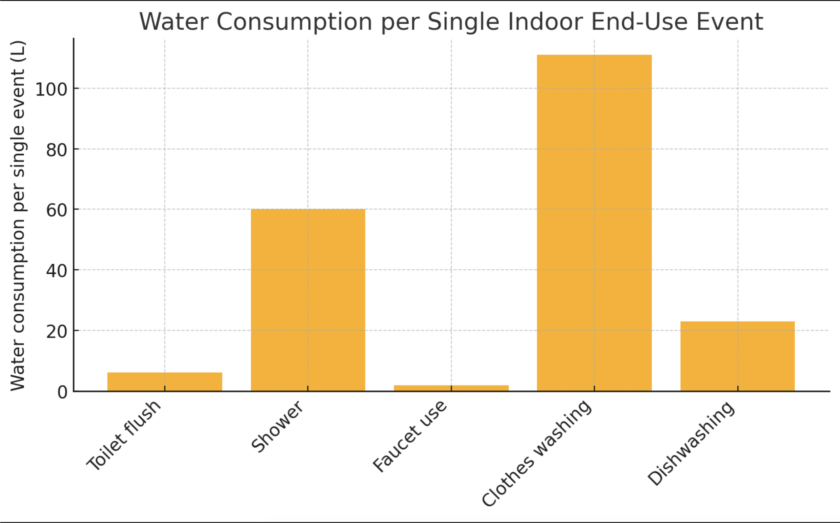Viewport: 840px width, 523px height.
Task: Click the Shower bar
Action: click(308, 300)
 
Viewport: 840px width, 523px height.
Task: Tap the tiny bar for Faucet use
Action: click(451, 388)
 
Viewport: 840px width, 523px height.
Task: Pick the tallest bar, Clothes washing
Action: click(594, 223)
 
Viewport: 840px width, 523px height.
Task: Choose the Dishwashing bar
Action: click(737, 356)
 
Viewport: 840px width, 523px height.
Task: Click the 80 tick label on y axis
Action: click(57, 150)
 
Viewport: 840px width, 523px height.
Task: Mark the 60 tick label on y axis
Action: click(57, 211)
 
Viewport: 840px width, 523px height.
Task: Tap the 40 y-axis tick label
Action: click(57, 271)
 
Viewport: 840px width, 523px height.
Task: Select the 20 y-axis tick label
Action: click(57, 332)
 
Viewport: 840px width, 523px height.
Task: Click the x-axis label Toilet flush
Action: click(124, 436)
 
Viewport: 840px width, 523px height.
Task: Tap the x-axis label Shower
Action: click(277, 427)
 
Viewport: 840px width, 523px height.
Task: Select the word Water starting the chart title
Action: click(174, 22)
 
